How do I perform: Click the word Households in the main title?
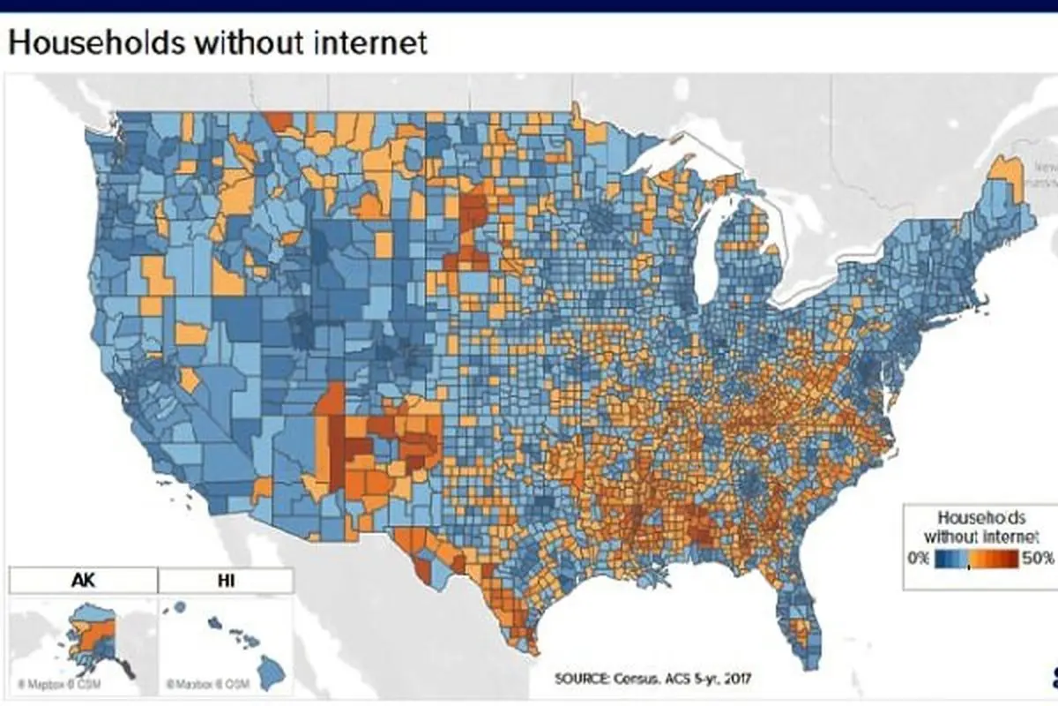97,41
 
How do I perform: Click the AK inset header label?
83,582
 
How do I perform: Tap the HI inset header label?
225,582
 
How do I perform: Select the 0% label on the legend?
918,559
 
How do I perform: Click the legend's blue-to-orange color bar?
977,559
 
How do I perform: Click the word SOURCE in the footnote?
579,678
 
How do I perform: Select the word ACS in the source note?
669,678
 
